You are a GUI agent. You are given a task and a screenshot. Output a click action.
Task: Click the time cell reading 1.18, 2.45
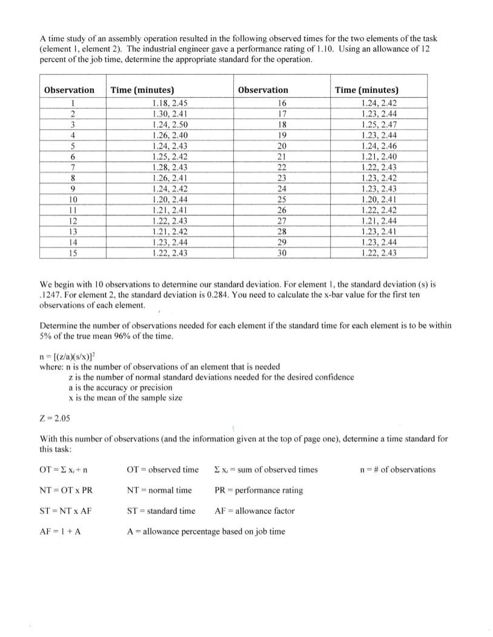click(x=169, y=103)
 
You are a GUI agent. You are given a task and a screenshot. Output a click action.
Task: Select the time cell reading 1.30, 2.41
click(x=169, y=114)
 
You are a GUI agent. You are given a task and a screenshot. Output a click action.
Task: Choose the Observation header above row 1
click(x=69, y=90)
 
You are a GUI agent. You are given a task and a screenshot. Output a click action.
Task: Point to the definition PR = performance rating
click(x=259, y=490)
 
